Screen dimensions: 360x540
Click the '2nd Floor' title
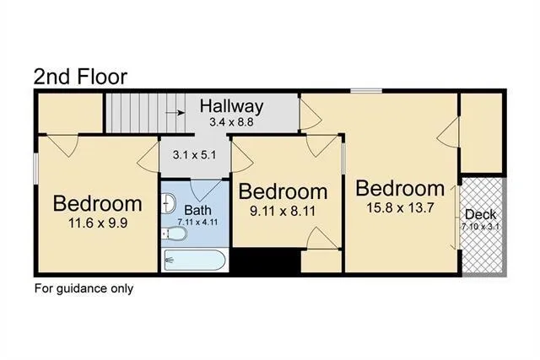80,76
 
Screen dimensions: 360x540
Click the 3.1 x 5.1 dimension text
194,155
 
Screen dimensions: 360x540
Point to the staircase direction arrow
174,110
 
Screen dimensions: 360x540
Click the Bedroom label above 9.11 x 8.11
283,191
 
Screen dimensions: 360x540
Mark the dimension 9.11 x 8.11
283,211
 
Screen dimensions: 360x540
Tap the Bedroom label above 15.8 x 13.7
399,187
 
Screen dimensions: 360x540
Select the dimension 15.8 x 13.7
399,207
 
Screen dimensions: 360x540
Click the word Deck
481,213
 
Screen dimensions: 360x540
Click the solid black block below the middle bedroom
266,261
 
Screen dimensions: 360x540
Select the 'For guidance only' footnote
84,288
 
